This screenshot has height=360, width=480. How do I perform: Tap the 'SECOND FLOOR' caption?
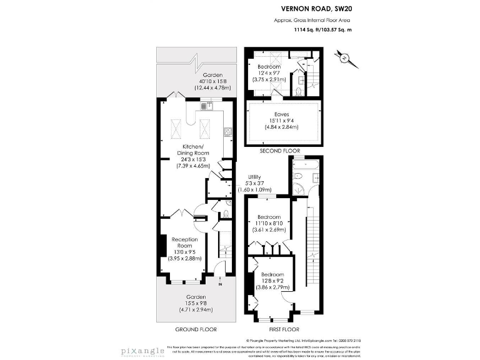click(280, 151)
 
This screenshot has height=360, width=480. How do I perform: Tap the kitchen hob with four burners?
click(228, 132)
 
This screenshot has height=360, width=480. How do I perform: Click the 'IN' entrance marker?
click(219, 285)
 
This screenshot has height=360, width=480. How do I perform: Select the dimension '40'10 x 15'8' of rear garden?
click(194, 82)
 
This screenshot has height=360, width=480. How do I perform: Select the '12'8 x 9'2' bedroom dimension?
click(272, 282)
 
